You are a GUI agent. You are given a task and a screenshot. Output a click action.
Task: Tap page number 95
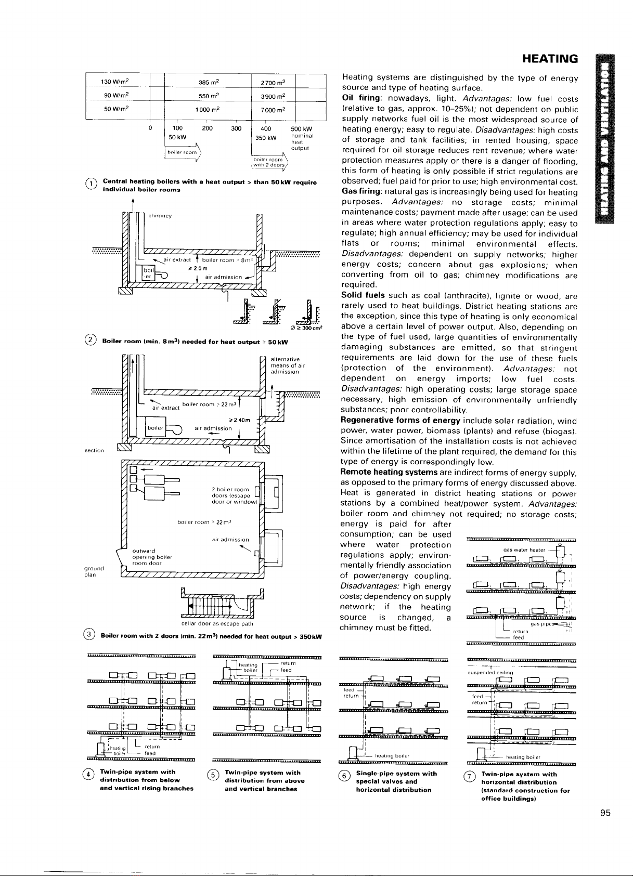[x=605, y=814]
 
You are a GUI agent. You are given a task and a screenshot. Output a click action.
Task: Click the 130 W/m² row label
[x=115, y=82]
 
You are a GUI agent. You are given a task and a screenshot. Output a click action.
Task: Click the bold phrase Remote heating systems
[x=389, y=472]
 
